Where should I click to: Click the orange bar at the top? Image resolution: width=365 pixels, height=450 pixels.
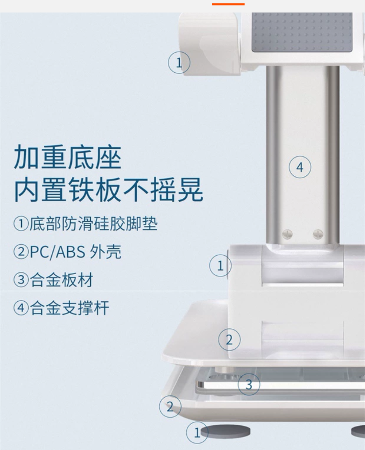click(228, 4)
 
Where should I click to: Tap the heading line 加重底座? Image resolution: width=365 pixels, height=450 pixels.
click(67, 157)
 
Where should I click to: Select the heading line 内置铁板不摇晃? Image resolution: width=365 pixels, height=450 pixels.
click(109, 190)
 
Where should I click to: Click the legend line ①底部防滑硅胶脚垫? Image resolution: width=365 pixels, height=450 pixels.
click(86, 224)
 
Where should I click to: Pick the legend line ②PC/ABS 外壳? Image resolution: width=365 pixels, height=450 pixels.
click(67, 252)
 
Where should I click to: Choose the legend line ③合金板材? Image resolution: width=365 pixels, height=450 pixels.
click(53, 280)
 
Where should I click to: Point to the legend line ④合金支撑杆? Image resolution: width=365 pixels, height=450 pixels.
click(61, 308)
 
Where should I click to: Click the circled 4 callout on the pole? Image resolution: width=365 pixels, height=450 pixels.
click(300, 167)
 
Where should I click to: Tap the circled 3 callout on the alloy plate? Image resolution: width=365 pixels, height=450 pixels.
click(249, 384)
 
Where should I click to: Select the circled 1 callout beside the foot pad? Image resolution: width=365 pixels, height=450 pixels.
click(197, 432)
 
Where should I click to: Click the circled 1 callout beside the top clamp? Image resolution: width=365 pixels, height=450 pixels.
click(179, 62)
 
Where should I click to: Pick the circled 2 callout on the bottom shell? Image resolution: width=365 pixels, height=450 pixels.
click(170, 406)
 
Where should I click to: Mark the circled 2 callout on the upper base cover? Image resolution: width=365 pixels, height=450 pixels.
click(229, 340)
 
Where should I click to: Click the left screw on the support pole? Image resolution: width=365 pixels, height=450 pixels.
click(288, 234)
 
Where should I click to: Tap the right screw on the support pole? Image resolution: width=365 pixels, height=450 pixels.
click(318, 234)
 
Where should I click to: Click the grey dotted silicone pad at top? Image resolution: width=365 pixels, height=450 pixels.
click(302, 32)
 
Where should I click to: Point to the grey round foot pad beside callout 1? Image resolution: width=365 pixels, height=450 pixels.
click(225, 431)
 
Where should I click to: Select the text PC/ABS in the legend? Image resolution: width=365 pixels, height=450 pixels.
click(58, 252)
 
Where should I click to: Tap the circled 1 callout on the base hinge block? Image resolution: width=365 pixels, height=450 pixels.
click(220, 265)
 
